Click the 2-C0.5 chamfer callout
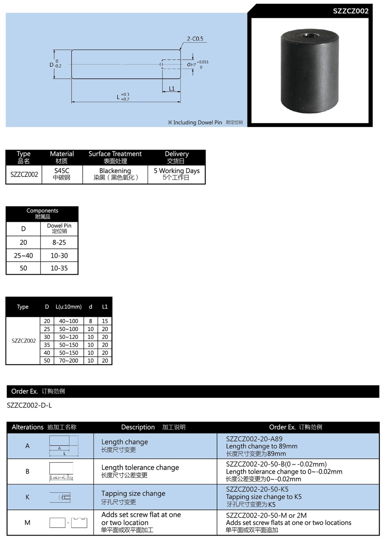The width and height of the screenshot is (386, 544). click(x=195, y=39)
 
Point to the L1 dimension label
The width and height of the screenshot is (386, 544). click(x=172, y=88)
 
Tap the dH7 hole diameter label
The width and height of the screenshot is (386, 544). click(x=191, y=64)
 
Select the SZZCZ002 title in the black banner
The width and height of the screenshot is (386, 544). click(x=350, y=11)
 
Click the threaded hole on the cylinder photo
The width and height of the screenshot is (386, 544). click(x=309, y=36)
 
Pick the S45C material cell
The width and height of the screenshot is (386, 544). click(x=62, y=174)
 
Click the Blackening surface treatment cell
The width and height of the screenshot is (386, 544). click(x=115, y=174)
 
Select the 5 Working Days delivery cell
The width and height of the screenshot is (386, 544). click(x=176, y=174)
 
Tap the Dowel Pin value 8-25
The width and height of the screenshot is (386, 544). click(x=59, y=242)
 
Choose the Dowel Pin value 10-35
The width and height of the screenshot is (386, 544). click(x=59, y=268)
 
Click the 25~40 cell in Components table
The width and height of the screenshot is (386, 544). click(x=24, y=256)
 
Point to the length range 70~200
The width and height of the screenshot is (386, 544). click(x=68, y=361)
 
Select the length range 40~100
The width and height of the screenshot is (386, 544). click(x=68, y=321)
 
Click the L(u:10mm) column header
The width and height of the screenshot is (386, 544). click(x=68, y=307)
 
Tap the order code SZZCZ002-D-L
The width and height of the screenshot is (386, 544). click(x=29, y=405)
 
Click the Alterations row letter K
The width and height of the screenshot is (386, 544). click(x=27, y=497)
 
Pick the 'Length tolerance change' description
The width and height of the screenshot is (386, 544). click(x=140, y=468)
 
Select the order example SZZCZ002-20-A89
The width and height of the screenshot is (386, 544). click(x=254, y=439)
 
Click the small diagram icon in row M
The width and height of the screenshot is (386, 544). click(x=68, y=522)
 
